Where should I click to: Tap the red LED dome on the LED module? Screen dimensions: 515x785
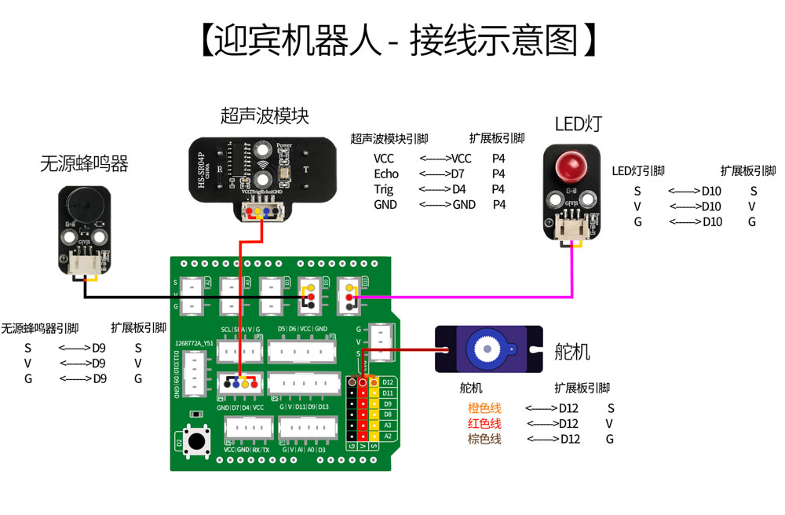pyautogui.click(x=571, y=166)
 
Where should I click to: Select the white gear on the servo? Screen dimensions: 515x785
pyautogui.click(x=487, y=348)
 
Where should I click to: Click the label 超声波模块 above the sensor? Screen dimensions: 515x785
pyautogui.click(x=265, y=116)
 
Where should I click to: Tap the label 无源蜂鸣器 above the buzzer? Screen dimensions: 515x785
pyautogui.click(x=84, y=163)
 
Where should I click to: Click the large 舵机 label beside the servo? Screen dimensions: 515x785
pyautogui.click(x=572, y=352)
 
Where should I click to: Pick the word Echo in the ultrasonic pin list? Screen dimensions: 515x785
pyautogui.click(x=386, y=174)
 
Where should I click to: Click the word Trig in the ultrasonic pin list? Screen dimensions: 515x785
pyautogui.click(x=384, y=189)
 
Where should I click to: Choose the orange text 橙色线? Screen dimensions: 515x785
pyautogui.click(x=484, y=408)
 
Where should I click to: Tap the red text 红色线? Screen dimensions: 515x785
pyautogui.click(x=484, y=424)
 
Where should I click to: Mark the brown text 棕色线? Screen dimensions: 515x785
pyautogui.click(x=484, y=439)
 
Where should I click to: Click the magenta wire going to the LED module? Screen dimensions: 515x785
pyautogui.click(x=471, y=298)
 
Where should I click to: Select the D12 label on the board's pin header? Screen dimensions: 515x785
pyautogui.click(x=387, y=382)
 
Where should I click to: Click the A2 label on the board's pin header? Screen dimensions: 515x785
pyautogui.click(x=387, y=436)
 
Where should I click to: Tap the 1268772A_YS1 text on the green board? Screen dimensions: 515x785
pyautogui.click(x=193, y=343)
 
